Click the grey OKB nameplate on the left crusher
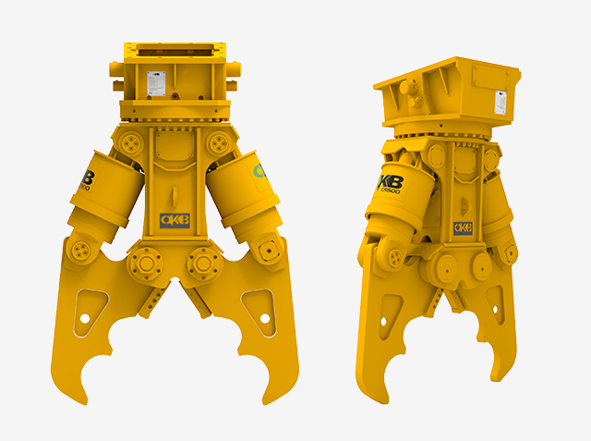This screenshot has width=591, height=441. pos(175,220)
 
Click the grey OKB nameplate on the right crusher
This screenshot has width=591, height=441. pos(462,227)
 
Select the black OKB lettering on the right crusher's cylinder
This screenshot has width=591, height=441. pos(388,182)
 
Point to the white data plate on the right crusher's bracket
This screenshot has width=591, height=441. pos(501,101)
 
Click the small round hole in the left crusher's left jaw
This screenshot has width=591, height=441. pos(83,318)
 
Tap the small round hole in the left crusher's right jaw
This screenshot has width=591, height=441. pos(265,318)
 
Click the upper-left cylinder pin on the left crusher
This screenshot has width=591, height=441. pos(130,141)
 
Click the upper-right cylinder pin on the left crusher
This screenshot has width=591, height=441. pos(218,141)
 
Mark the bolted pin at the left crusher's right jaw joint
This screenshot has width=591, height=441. pos(269,251)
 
